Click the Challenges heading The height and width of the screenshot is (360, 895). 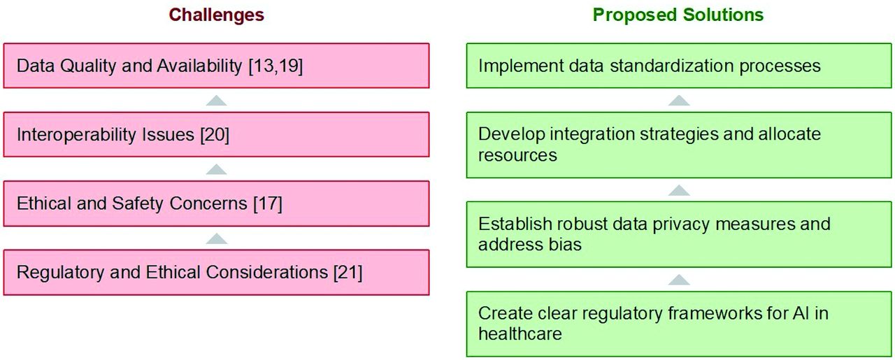[x=216, y=15]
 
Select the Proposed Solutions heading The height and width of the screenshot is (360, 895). [x=678, y=15]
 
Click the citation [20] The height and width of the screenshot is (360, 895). [x=215, y=135]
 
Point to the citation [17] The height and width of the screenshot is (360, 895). [x=268, y=203]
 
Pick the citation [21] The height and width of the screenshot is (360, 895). [x=348, y=273]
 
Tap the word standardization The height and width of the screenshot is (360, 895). [x=672, y=66]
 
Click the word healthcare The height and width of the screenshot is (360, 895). [x=520, y=333]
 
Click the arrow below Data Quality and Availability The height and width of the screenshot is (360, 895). [x=217, y=100]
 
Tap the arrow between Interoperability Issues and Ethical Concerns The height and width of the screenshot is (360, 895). [x=217, y=169]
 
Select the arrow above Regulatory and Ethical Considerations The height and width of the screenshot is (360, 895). [x=217, y=238]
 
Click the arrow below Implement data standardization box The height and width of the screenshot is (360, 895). [x=679, y=100]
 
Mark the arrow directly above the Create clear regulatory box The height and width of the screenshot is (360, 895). [x=679, y=280]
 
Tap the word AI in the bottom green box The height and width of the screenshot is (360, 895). [x=801, y=313]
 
